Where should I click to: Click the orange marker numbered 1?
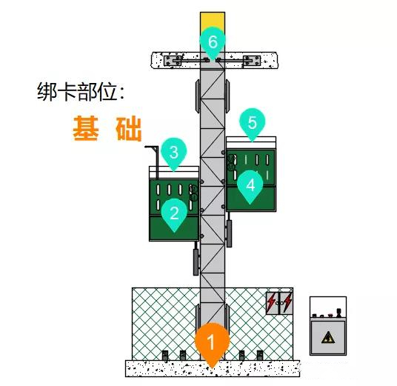point(212,342)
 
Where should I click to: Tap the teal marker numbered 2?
point(174,213)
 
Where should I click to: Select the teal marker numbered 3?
point(174,153)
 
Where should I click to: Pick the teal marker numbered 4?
point(250,185)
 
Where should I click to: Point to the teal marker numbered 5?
point(252,122)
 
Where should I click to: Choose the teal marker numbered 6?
point(213,41)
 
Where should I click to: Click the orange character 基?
point(86,128)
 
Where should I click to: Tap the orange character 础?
point(128,128)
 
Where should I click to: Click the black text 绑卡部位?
point(81,92)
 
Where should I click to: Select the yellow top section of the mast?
point(213,21)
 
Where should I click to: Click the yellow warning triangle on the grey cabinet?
point(328,338)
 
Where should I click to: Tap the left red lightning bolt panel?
point(273,303)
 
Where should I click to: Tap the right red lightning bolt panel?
point(287,303)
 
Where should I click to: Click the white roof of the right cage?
point(251,142)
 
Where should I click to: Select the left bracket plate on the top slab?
point(173,61)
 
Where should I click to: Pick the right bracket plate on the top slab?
point(251,61)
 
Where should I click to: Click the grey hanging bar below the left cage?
point(196,262)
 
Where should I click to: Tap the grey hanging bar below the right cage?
point(229,233)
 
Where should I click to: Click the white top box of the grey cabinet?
point(328,308)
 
